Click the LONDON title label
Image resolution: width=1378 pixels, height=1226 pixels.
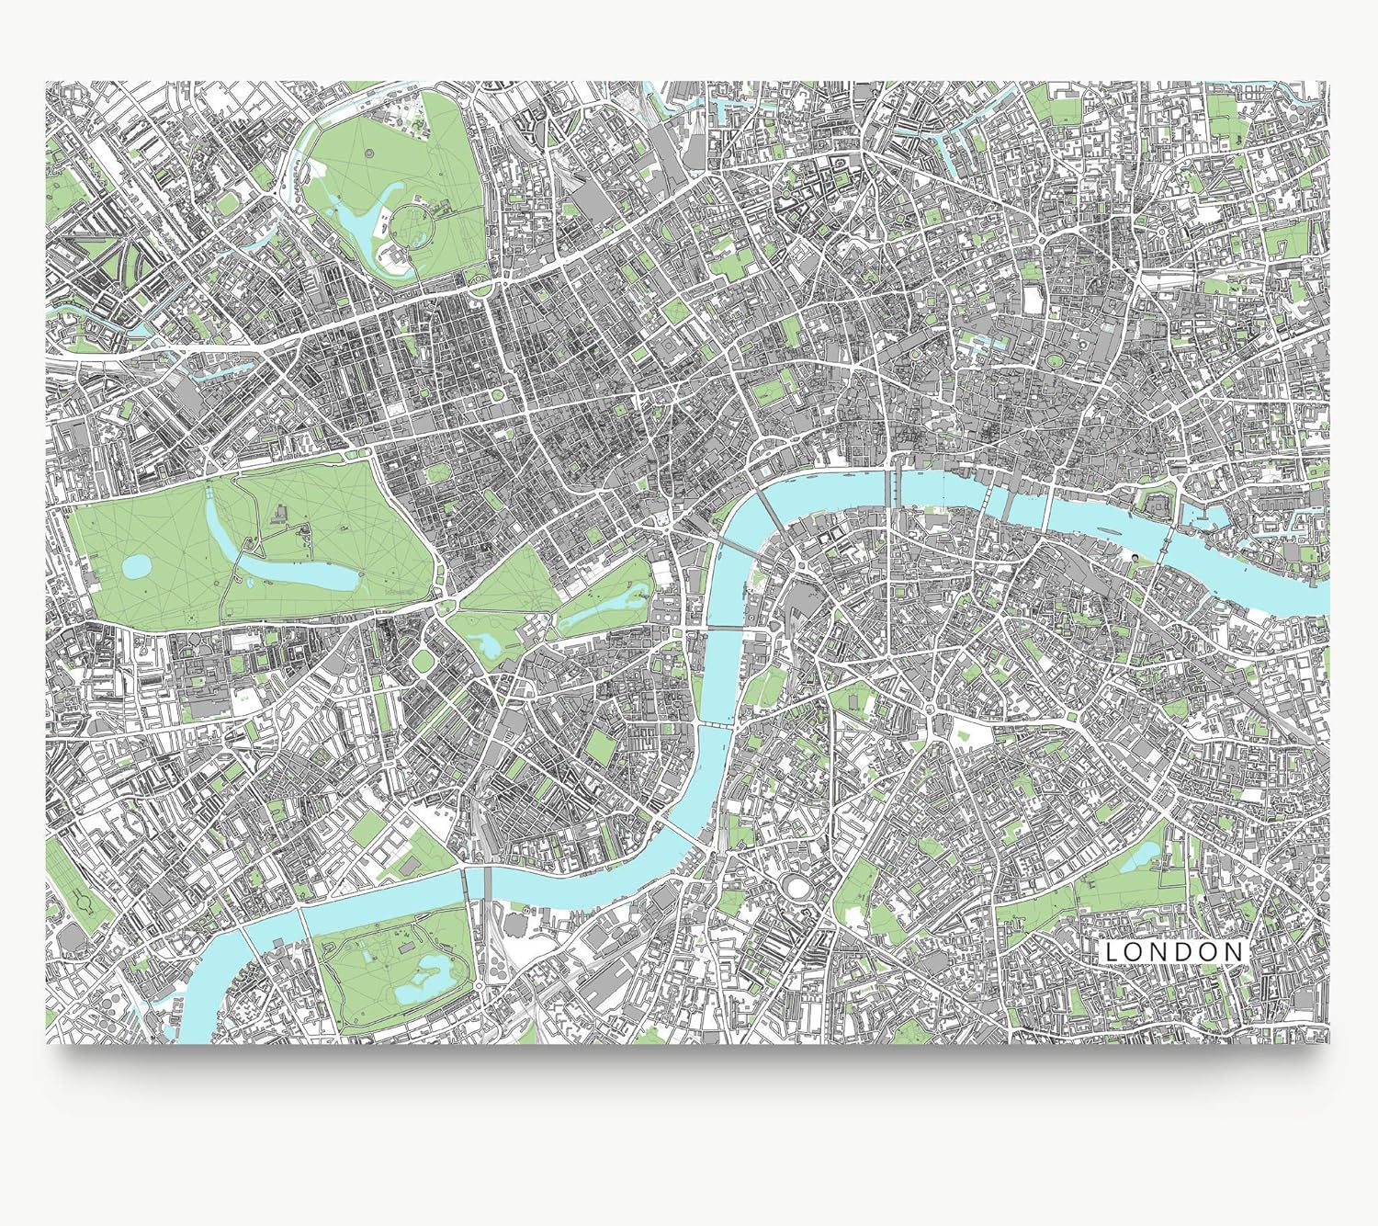(x=1174, y=952)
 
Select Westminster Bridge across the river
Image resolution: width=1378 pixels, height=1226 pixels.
(x=726, y=629)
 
